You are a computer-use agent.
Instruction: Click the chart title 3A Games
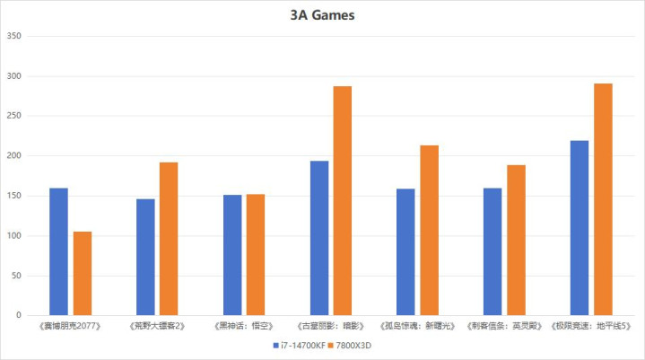322,14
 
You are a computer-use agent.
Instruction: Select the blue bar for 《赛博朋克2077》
58,251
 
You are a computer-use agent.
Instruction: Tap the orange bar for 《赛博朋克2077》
83,274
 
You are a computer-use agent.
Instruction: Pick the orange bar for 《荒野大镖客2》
169,239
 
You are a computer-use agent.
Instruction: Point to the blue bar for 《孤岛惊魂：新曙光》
405,252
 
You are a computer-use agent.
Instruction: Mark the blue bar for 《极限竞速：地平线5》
580,228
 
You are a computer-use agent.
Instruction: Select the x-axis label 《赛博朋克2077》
70,326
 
